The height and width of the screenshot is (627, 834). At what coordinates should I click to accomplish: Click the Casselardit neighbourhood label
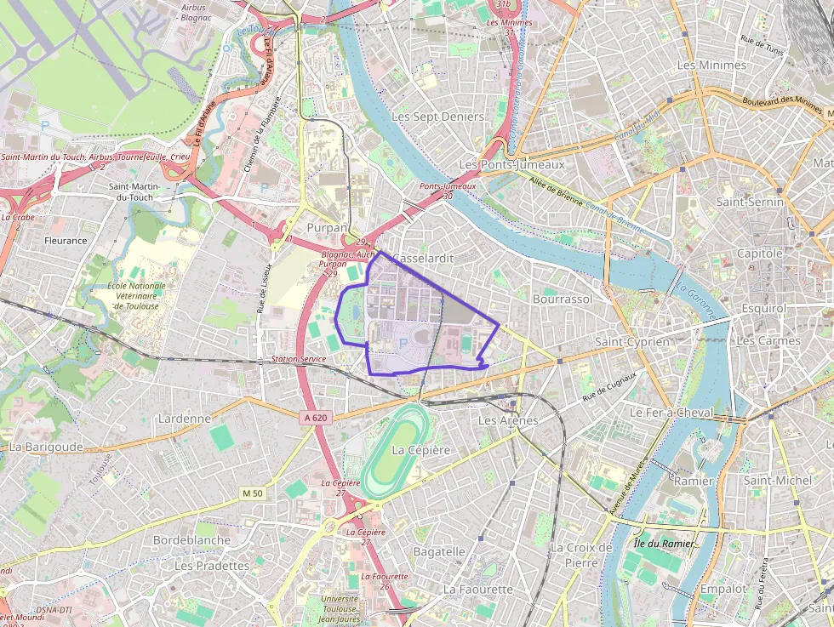coord(423,258)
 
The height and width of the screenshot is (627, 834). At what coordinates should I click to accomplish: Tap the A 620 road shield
coord(315,418)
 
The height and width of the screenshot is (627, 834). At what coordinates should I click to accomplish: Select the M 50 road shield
coord(252,493)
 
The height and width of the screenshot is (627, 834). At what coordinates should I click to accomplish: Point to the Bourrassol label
coord(562,299)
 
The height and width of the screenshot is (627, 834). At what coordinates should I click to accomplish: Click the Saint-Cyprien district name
coord(632,341)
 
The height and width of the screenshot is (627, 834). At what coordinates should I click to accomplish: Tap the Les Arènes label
coord(508,420)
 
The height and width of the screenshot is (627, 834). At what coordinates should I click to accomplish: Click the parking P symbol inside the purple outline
coord(403,343)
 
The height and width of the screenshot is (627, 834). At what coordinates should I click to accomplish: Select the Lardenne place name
coord(184,419)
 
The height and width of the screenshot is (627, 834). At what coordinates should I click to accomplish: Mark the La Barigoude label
coord(46,446)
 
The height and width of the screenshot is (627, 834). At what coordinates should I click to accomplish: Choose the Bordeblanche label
coord(191,540)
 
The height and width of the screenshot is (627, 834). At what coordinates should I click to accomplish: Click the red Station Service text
coord(299,360)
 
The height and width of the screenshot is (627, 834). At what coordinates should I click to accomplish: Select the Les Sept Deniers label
coord(437,117)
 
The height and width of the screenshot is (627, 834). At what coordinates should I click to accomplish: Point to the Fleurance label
coord(66,241)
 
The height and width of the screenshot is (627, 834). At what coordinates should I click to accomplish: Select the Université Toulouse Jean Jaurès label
coord(339,608)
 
